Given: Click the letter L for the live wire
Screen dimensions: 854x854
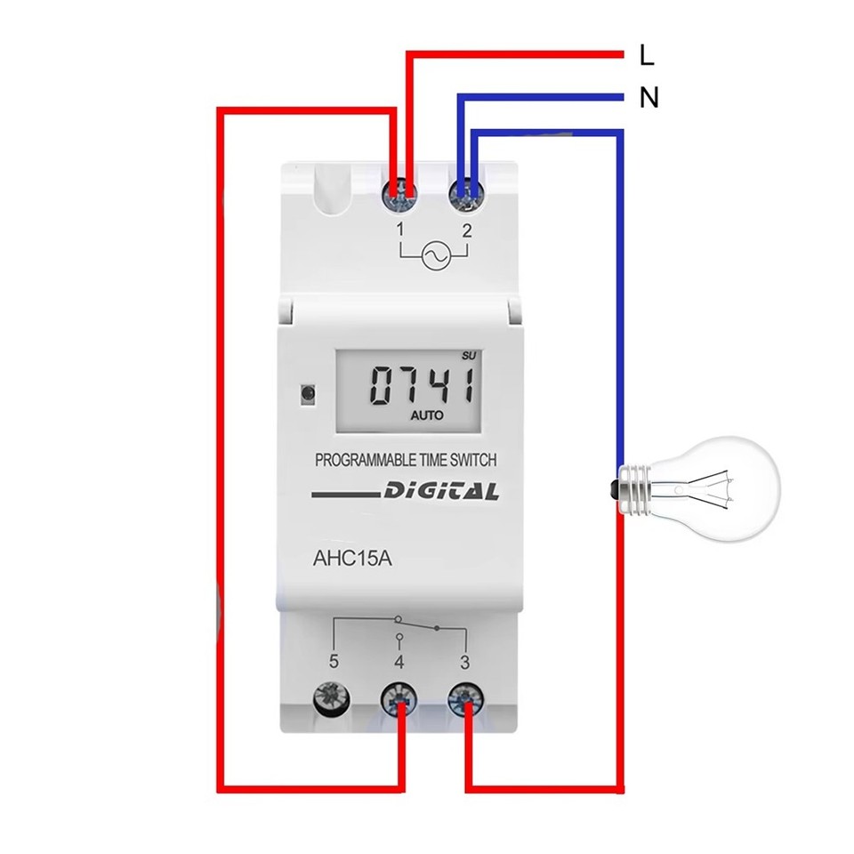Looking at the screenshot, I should pos(647,56).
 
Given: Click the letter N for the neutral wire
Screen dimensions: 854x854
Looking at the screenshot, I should pos(649,98).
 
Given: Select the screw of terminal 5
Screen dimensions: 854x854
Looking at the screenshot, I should pos(332,701).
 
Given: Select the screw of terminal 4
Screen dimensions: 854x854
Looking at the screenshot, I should pos(399,701).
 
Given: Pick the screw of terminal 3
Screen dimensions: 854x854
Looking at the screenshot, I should pos(464,701).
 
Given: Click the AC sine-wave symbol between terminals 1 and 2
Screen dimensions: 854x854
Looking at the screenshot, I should pos(433,257).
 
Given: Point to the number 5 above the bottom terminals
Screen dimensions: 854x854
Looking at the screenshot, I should pos(334,662).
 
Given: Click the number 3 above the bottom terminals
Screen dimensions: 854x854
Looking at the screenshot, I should pos(464,662).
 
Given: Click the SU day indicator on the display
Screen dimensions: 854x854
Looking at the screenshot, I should pos(470,357).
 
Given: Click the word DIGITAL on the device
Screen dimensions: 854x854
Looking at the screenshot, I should pos(441,492).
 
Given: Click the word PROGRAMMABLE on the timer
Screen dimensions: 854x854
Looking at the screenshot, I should pos(363,460).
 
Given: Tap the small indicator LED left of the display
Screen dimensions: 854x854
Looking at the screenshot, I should pos(308,391).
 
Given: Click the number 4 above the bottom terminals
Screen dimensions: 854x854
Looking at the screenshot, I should pos(399,662).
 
